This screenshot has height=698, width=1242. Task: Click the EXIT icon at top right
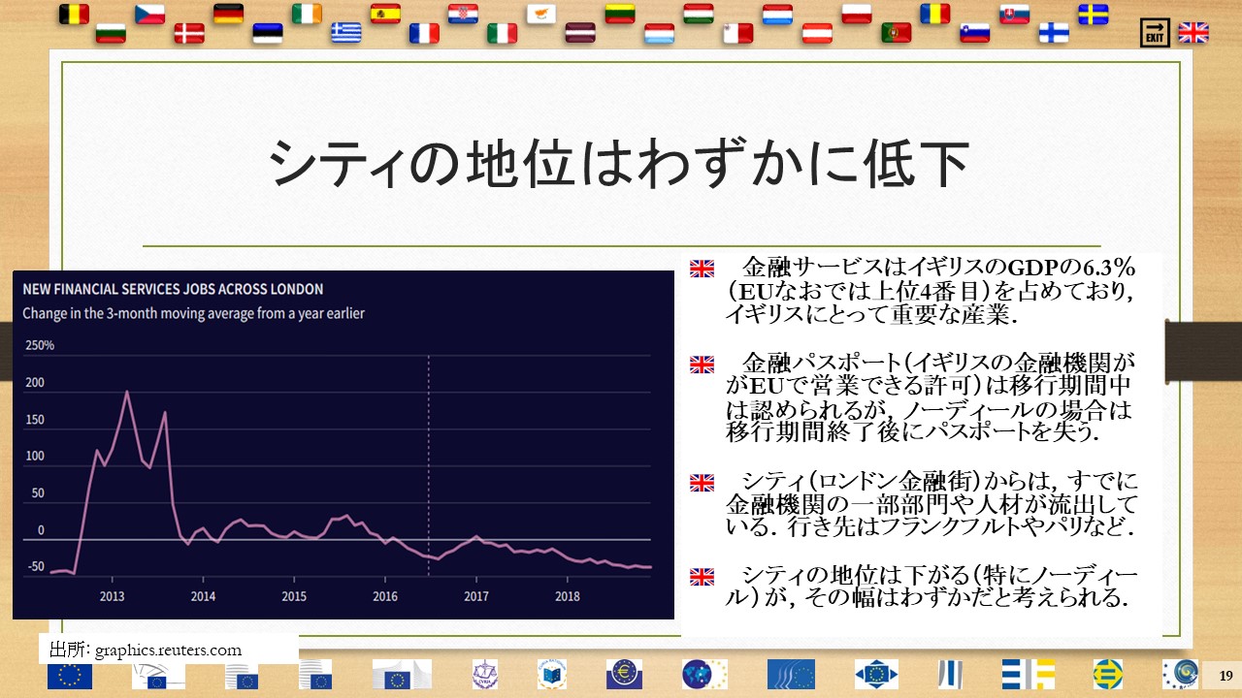pyautogui.click(x=1155, y=33)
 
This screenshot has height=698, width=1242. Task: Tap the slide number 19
pyautogui.click(x=1226, y=676)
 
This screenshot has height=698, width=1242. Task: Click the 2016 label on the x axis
pyautogui.click(x=385, y=596)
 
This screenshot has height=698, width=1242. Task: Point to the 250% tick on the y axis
pyautogui.click(x=40, y=345)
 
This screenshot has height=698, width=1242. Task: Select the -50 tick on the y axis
pyautogui.click(x=36, y=566)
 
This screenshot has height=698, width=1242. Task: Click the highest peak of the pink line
pyautogui.click(x=127, y=392)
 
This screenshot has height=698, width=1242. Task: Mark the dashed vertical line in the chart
pyautogui.click(x=429, y=465)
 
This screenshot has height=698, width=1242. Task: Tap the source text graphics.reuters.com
pyautogui.click(x=168, y=650)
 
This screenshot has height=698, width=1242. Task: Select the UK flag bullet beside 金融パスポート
pyautogui.click(x=702, y=365)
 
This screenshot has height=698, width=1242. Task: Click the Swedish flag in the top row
pyautogui.click(x=1094, y=15)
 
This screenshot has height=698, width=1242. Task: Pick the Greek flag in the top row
pyautogui.click(x=346, y=33)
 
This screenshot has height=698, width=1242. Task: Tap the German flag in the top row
pyautogui.click(x=228, y=14)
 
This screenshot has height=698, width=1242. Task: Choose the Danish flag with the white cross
pyautogui.click(x=189, y=33)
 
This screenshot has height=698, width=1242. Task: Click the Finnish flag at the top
pyautogui.click(x=1054, y=33)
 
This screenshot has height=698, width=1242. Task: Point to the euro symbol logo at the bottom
pyautogui.click(x=624, y=674)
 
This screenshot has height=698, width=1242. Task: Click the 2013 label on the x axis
pyautogui.click(x=112, y=596)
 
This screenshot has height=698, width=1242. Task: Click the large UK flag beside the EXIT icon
pyautogui.click(x=1193, y=33)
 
